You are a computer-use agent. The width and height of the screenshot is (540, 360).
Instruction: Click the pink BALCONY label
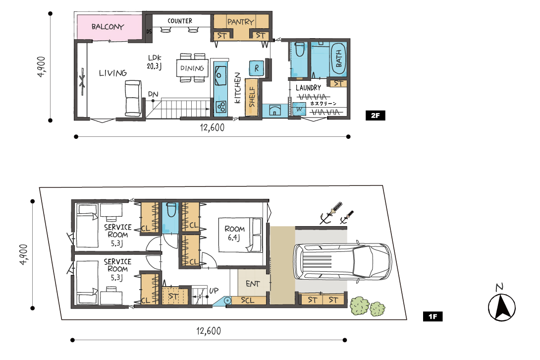point(108,27)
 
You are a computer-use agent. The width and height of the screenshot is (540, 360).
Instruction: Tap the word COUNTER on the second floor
point(180,21)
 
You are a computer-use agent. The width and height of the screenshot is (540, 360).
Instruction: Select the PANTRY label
point(241,22)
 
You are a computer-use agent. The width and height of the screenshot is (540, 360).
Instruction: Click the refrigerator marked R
point(256,68)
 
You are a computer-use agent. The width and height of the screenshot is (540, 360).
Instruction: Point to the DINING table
point(192,68)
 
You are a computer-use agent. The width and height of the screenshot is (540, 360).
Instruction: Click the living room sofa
point(133,98)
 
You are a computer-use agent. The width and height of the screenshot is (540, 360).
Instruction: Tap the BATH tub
point(338,59)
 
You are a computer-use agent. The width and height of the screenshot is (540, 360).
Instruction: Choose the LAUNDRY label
point(308,88)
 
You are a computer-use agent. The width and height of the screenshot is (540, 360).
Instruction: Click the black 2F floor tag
point(376,116)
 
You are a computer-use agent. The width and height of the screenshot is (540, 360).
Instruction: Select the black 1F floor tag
point(432,316)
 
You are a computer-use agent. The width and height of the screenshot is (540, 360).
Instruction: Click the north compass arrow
point(502,307)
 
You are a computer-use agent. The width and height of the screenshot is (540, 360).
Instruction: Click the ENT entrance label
point(253,284)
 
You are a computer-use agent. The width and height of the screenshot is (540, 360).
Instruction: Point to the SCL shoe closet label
point(248,300)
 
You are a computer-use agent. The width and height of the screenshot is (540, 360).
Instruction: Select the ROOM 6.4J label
point(234,233)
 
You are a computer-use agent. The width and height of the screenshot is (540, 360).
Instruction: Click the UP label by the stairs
point(214,291)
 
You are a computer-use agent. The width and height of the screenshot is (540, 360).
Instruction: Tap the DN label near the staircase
point(153,94)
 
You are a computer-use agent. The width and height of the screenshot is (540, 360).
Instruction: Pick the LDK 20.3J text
point(154,62)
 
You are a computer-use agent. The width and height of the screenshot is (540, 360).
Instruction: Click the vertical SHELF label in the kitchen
point(252,97)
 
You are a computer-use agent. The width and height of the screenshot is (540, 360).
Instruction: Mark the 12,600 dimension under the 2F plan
point(212,127)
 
